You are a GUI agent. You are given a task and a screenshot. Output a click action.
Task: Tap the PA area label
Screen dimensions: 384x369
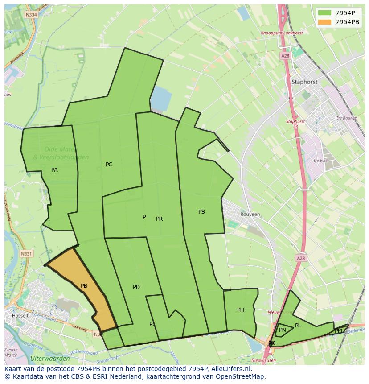54,170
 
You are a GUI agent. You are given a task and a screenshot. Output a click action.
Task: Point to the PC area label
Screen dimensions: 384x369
109,165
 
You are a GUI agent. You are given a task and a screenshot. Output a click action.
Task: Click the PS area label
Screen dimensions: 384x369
201,212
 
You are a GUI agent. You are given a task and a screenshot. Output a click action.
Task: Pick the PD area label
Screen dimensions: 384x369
136,287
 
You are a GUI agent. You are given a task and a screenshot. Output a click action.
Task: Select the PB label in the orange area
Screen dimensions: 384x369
84,286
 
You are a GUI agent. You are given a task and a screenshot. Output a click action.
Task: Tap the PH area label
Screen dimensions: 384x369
241,310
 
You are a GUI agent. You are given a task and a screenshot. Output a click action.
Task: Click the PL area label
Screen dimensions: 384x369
298,326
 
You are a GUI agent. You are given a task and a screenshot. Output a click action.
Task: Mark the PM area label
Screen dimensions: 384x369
338,331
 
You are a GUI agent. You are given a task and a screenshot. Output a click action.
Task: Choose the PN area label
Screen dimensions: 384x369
283,330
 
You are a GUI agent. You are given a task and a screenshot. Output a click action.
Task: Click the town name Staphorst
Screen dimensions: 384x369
304,82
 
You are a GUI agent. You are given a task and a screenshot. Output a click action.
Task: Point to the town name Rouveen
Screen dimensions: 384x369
250,214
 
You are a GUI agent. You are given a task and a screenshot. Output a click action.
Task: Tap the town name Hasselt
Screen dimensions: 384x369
20,315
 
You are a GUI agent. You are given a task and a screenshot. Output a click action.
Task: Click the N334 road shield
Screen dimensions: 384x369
31,14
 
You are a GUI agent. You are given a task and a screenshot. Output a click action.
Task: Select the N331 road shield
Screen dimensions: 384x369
27,254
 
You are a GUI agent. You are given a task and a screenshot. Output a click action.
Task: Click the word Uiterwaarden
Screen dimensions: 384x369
50,359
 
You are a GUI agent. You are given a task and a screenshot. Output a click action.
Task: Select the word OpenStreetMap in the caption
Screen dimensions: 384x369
241,376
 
